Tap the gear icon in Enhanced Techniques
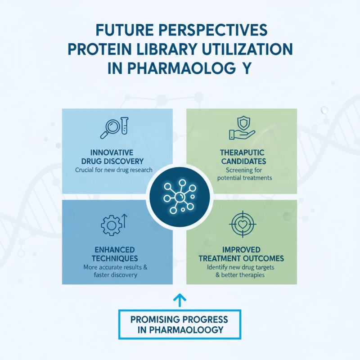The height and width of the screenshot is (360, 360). pos(111,225)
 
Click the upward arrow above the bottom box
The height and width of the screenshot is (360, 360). pos(180,299)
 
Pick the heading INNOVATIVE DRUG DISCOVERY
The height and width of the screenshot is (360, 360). pos(117,157)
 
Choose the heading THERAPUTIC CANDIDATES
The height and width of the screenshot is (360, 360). pos(242,157)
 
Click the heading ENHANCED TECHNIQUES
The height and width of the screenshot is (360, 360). pos(117,254)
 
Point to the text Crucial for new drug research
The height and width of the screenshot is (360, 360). pos(117,170)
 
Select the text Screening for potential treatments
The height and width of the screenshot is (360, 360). pos(242,174)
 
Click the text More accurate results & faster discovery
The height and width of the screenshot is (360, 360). pos(117,271)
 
